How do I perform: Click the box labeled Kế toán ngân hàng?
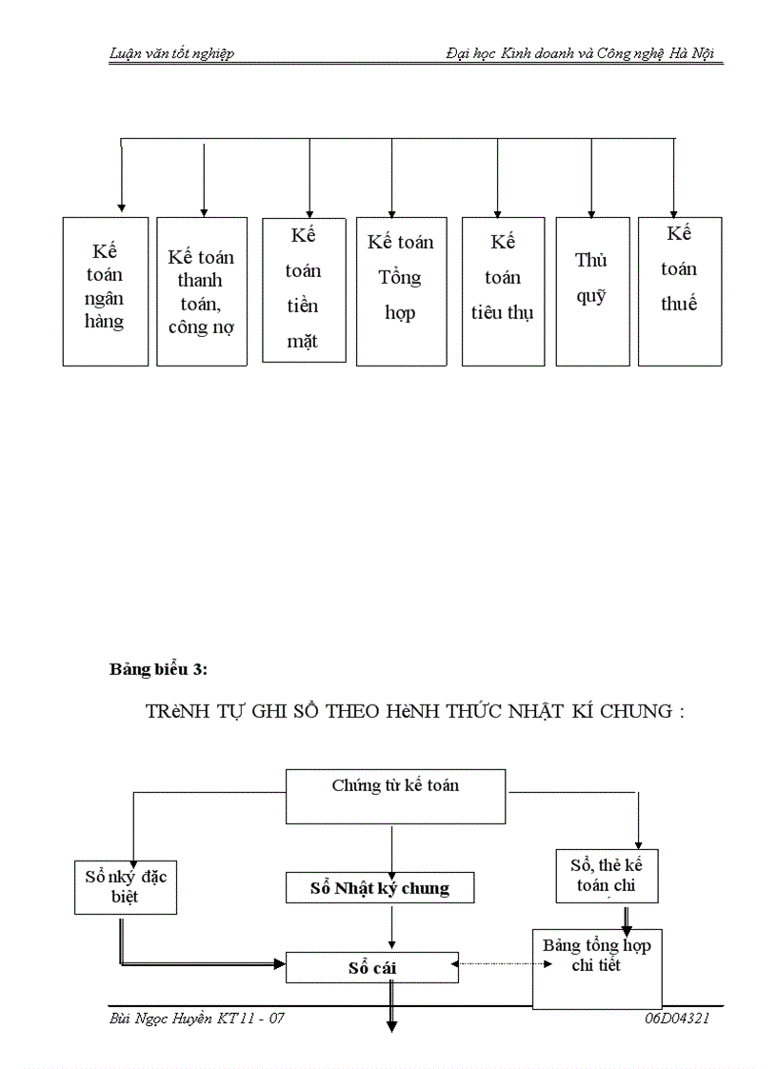point(106,290)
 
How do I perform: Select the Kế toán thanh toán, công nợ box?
point(202,291)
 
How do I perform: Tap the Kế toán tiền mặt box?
point(303,289)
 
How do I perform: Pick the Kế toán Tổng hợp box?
point(401,290)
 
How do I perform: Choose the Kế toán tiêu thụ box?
point(503,290)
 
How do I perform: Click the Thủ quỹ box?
point(592,290)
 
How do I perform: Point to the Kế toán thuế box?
point(679,290)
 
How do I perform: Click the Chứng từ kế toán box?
point(395,796)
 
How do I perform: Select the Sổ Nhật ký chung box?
point(380,888)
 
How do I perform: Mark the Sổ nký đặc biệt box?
point(125,886)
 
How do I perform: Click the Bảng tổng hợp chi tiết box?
point(597,967)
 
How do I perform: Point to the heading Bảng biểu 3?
point(158,669)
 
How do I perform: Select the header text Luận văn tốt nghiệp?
point(171,53)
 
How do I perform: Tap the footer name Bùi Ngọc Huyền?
point(161,1019)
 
